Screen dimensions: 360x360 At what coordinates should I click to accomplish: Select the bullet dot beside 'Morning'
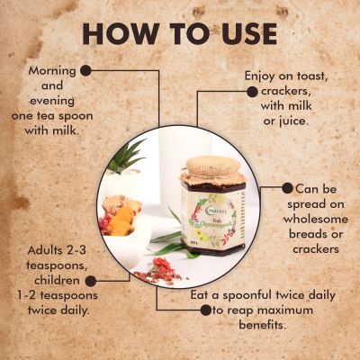[86, 69]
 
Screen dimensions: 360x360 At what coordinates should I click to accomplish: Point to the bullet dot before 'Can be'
[287, 189]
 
